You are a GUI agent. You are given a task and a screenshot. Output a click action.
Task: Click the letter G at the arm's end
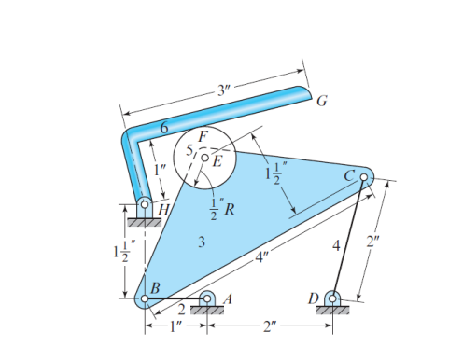point(321,100)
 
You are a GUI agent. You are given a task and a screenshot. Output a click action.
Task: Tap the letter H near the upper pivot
point(163,211)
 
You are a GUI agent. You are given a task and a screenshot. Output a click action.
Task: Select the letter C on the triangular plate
point(349,174)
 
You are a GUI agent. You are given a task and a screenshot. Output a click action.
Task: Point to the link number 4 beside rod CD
point(336,246)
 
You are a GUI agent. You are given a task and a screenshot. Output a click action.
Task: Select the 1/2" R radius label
point(220,207)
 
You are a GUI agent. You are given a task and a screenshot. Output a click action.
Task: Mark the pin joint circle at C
point(364,176)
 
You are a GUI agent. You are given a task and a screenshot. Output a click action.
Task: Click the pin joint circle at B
point(144,298)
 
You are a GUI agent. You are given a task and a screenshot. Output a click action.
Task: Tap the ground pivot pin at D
point(331,298)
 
